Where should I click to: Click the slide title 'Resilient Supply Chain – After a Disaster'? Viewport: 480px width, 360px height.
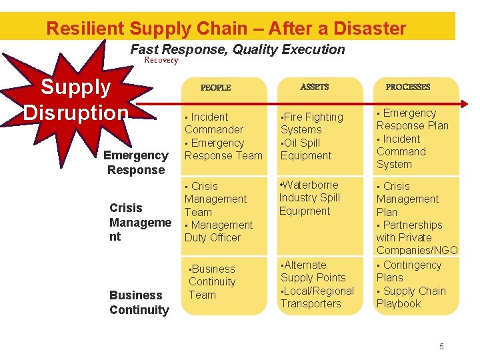[226, 29]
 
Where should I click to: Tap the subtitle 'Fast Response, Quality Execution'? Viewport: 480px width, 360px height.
[237, 49]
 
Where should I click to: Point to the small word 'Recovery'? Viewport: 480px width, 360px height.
[161, 61]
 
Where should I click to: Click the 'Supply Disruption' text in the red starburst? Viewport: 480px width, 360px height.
[75, 99]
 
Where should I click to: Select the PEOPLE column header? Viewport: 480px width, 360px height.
[215, 87]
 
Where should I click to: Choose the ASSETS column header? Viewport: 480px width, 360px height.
[315, 87]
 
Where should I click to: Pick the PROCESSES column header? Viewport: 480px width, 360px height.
[408, 87]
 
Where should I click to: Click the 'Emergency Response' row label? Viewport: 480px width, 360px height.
[135, 163]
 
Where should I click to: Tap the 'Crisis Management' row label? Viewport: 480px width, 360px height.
[140, 222]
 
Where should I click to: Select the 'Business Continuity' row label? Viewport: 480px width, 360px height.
[139, 302]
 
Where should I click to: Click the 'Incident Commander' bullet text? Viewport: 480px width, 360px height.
[213, 123]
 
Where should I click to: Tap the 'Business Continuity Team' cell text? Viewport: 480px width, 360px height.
[212, 282]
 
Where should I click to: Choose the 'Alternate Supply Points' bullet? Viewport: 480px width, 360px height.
[313, 271]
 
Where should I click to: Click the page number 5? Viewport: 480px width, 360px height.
[441, 346]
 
